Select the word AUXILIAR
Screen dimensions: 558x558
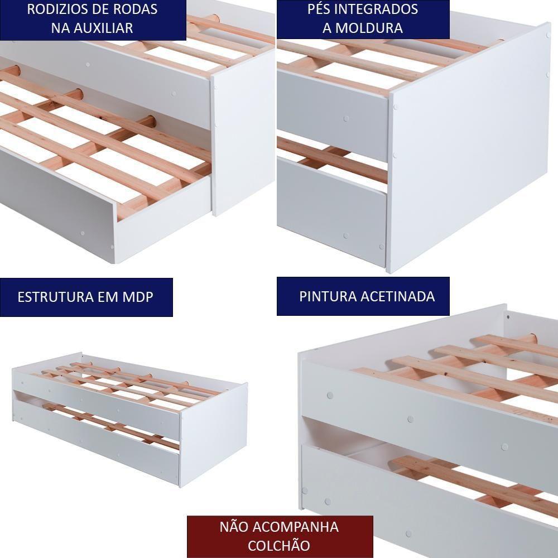click(102, 28)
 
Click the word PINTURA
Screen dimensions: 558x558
click(326, 296)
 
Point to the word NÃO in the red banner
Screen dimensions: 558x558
click(236, 527)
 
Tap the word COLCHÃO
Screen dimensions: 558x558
click(279, 545)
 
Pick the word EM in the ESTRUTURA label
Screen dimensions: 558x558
click(104, 297)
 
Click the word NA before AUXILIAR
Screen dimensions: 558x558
click(60, 28)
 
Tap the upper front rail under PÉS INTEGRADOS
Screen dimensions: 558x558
click(332, 114)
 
